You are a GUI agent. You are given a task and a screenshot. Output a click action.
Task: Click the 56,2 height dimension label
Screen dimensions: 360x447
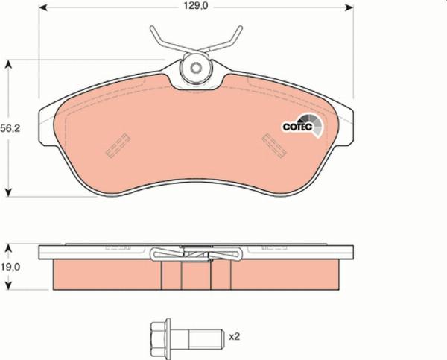pyautogui.click(x=10, y=128)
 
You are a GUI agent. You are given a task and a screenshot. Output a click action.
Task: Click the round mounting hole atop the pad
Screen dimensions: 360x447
pyautogui.click(x=196, y=69)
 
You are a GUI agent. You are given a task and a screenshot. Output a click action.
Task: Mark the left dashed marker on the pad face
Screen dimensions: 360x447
pyautogui.click(x=118, y=145)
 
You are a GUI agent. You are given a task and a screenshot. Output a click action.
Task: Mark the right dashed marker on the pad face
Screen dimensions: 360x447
pyautogui.click(x=276, y=145)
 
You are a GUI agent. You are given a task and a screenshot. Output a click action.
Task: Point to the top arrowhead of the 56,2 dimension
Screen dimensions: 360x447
pyautogui.click(x=10, y=66)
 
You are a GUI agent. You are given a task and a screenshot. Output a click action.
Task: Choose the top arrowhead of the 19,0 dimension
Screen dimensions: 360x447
pyautogui.click(x=10, y=247)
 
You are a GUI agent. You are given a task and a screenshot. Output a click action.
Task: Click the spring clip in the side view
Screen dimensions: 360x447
pyautogui.click(x=196, y=256)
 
